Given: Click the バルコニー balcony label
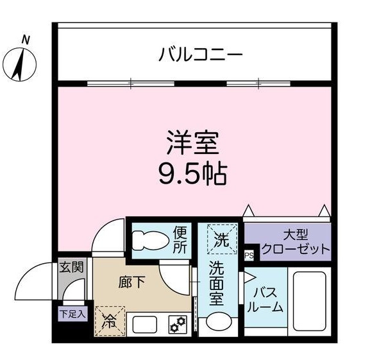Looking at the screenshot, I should [201, 55].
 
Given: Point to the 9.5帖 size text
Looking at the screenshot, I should [193, 173].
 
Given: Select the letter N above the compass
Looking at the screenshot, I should [26, 40].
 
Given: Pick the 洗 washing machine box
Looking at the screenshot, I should [221, 239].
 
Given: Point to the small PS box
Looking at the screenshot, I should [249, 255].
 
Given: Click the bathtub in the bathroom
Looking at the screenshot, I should [310, 299].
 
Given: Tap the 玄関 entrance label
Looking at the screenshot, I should [71, 266].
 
